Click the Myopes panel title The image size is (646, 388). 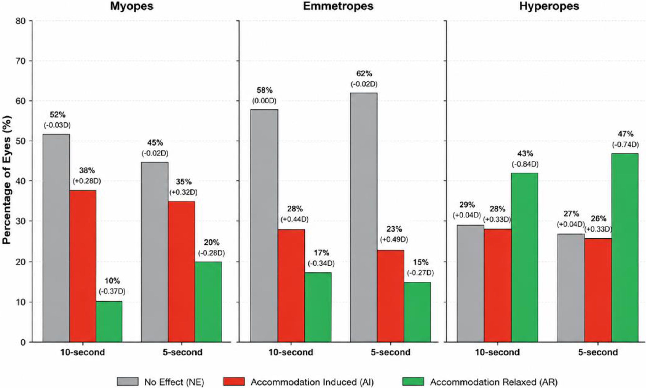(132, 6)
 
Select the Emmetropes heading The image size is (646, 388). (338, 6)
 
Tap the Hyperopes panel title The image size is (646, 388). (549, 6)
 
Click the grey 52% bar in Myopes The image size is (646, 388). (56, 238)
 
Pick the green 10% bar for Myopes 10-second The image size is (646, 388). (109, 322)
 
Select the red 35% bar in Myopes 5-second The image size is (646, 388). (182, 272)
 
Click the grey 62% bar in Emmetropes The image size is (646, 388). (364, 217)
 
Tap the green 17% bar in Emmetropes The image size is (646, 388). (318, 307)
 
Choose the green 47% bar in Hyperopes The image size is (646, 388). (625, 248)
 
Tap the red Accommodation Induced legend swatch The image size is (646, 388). (234, 382)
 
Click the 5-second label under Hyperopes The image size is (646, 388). (598, 352)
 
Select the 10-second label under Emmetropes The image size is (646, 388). (291, 352)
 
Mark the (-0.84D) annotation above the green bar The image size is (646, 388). (525, 164)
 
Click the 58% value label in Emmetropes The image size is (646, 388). (264, 91)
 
